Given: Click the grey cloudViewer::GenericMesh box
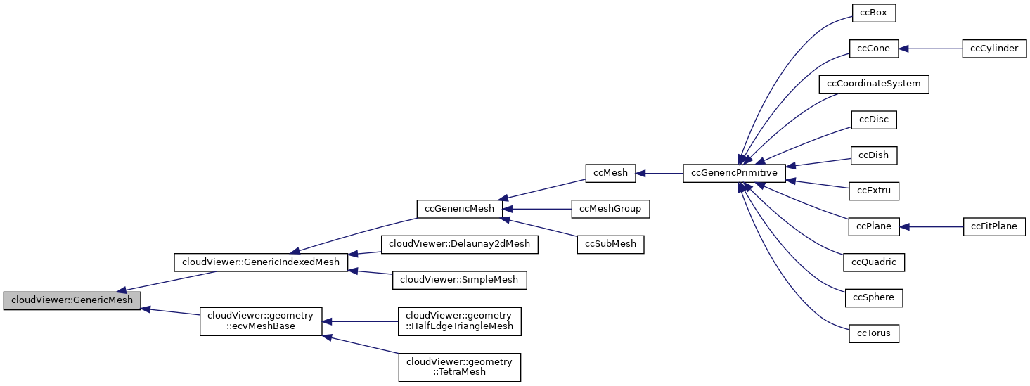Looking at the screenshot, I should point(72,300).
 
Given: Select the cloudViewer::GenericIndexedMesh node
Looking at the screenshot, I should point(261,262).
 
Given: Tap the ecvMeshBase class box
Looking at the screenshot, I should point(261,321).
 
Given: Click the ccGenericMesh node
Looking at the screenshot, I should point(460,209).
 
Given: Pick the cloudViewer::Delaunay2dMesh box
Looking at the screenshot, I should point(459,245).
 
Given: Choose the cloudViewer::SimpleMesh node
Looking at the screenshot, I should point(459,280).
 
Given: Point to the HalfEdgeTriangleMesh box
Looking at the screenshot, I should point(459,321).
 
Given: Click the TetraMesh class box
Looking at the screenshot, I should point(459,368).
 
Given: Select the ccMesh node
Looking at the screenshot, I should point(610,173).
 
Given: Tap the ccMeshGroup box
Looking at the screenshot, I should point(610,209).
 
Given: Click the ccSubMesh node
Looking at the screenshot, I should point(610,244).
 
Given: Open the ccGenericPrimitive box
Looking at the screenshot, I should point(734,173).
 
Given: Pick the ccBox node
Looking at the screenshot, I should point(874,13).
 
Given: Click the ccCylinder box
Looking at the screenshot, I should point(993,49).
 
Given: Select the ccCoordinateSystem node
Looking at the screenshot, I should point(874,84).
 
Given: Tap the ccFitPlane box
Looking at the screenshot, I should point(993,226).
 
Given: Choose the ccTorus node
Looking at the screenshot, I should point(874,333).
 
